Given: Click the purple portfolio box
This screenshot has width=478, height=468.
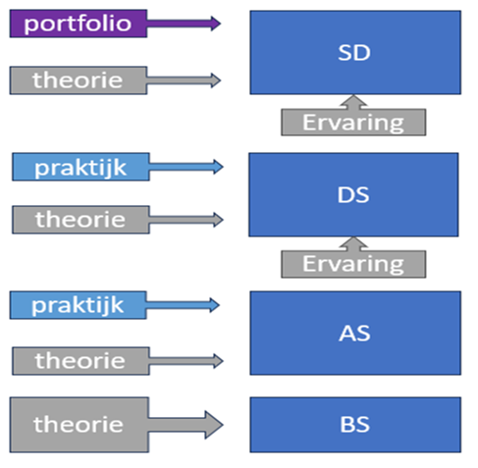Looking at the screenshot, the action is pos(79,24).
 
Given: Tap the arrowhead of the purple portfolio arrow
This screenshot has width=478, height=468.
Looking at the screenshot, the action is pos(216,24).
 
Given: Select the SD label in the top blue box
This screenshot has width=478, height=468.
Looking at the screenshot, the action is pos(354,52).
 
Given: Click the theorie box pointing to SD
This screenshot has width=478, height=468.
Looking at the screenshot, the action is pos(79,80).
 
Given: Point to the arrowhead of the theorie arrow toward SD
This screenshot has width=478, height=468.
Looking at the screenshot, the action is pos(216,80).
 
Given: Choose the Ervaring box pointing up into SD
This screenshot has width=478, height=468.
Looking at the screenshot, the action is pos(353,123).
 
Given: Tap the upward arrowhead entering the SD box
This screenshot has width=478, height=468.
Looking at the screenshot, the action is pos(353,100).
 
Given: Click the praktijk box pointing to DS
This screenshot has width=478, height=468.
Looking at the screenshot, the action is pos(80,167).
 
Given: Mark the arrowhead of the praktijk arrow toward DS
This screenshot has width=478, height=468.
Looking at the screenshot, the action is pos(219,167).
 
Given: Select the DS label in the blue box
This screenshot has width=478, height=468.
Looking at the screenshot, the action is pos(353,195).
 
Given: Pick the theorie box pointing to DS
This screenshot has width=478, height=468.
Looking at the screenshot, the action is pos(80,220).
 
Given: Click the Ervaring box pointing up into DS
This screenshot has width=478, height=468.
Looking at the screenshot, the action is pos(353,264).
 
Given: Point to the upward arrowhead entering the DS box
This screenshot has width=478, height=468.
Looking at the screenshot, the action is pos(353,242).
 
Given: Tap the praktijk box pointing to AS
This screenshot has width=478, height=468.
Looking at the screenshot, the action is pos(78,305).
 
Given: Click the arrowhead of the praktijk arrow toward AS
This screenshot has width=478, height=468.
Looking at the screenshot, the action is pos(215,305).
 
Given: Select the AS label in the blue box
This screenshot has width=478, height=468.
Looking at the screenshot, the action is pos(354,334).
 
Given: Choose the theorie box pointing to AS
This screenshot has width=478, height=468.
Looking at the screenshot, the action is pos(80,361).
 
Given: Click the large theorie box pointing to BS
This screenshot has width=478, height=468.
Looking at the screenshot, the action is pos(80,425).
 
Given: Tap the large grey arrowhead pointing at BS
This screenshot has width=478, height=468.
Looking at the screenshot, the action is pos(214,425).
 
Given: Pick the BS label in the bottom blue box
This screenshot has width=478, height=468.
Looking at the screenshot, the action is pos(355,425).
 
